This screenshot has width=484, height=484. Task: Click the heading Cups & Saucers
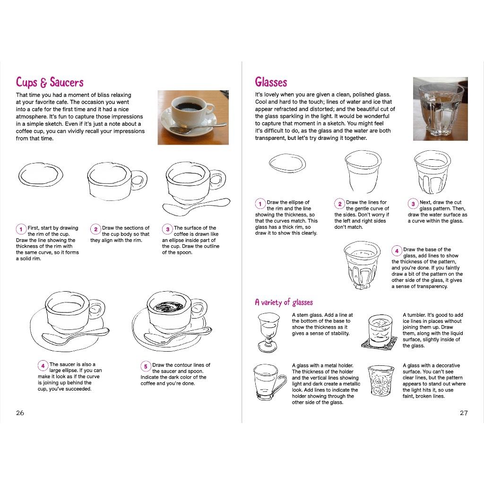[x=50, y=82]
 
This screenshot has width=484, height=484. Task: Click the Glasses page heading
[x=271, y=82]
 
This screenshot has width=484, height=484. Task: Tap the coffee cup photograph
[x=193, y=117]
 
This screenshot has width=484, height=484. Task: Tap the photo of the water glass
[x=440, y=109]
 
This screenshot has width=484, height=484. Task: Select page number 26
[x=20, y=413]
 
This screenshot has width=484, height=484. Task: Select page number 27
[x=464, y=413]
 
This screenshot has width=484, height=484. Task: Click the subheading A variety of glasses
[x=284, y=302]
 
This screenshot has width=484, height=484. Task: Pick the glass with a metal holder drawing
[x=268, y=382]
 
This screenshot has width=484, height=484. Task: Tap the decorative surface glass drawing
[x=380, y=380]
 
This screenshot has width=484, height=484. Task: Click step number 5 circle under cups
[x=146, y=366]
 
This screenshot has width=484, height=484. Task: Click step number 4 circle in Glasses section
[x=397, y=251]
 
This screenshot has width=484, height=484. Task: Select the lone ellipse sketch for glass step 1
[x=287, y=163]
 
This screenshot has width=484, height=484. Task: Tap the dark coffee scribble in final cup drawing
[x=168, y=306]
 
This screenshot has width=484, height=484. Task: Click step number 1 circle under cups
[x=21, y=229]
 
